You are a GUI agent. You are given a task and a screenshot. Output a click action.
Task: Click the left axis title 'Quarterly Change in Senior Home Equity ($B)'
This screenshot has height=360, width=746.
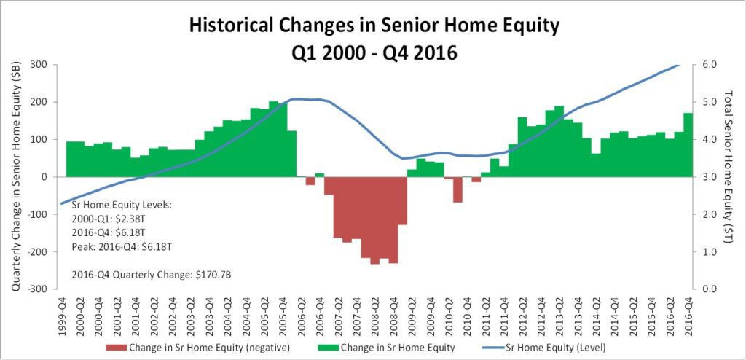[x=15, y=176]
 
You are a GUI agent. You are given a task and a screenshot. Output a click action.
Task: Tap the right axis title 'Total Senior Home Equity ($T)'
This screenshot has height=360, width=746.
[x=728, y=167]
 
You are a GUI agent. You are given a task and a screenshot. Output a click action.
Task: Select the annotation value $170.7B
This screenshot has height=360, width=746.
[x=211, y=275]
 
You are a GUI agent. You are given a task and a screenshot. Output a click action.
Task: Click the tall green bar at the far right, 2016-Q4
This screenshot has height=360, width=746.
[x=688, y=145]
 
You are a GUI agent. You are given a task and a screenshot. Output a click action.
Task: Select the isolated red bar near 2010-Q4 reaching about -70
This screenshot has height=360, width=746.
[x=458, y=189]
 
